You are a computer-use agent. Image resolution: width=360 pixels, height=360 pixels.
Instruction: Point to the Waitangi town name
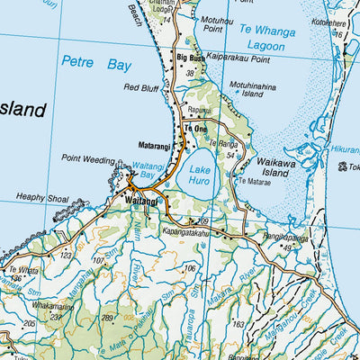pyautogui.click(x=141, y=201)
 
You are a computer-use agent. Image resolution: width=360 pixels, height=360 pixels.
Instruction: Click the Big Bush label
pyautogui.click(x=191, y=58)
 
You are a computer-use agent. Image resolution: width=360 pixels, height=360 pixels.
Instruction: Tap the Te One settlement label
pyautogui.click(x=195, y=130)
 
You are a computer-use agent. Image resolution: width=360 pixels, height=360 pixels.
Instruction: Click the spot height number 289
pyautogui.click(x=108, y=318)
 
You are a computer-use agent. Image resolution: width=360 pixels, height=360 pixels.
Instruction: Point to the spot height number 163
pyautogui.click(x=238, y=323)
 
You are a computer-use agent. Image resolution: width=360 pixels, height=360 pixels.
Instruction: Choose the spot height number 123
pyautogui.click(x=66, y=256)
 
